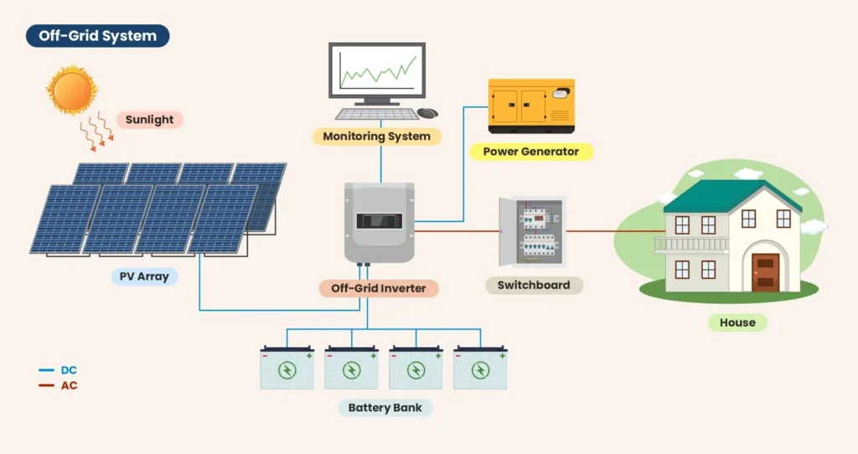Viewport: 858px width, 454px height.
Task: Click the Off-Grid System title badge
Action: tap(97, 36)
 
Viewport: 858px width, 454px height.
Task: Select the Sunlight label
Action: tap(149, 120)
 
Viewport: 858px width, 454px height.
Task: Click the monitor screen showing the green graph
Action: tap(376, 71)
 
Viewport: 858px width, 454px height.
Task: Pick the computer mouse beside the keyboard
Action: tap(427, 113)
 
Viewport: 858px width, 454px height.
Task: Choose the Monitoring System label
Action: tap(376, 136)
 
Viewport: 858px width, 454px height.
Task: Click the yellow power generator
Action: tap(531, 106)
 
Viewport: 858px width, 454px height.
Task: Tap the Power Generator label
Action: tap(531, 152)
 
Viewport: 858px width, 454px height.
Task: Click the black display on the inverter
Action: tap(380, 222)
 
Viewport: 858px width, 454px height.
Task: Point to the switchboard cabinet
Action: tap(532, 231)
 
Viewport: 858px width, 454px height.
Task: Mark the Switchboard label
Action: tap(534, 285)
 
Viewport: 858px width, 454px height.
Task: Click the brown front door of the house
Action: tap(765, 271)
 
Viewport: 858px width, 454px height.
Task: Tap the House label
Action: tap(737, 322)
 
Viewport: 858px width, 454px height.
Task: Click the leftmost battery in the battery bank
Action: tap(287, 368)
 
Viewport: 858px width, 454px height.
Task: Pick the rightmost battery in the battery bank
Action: tap(480, 368)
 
